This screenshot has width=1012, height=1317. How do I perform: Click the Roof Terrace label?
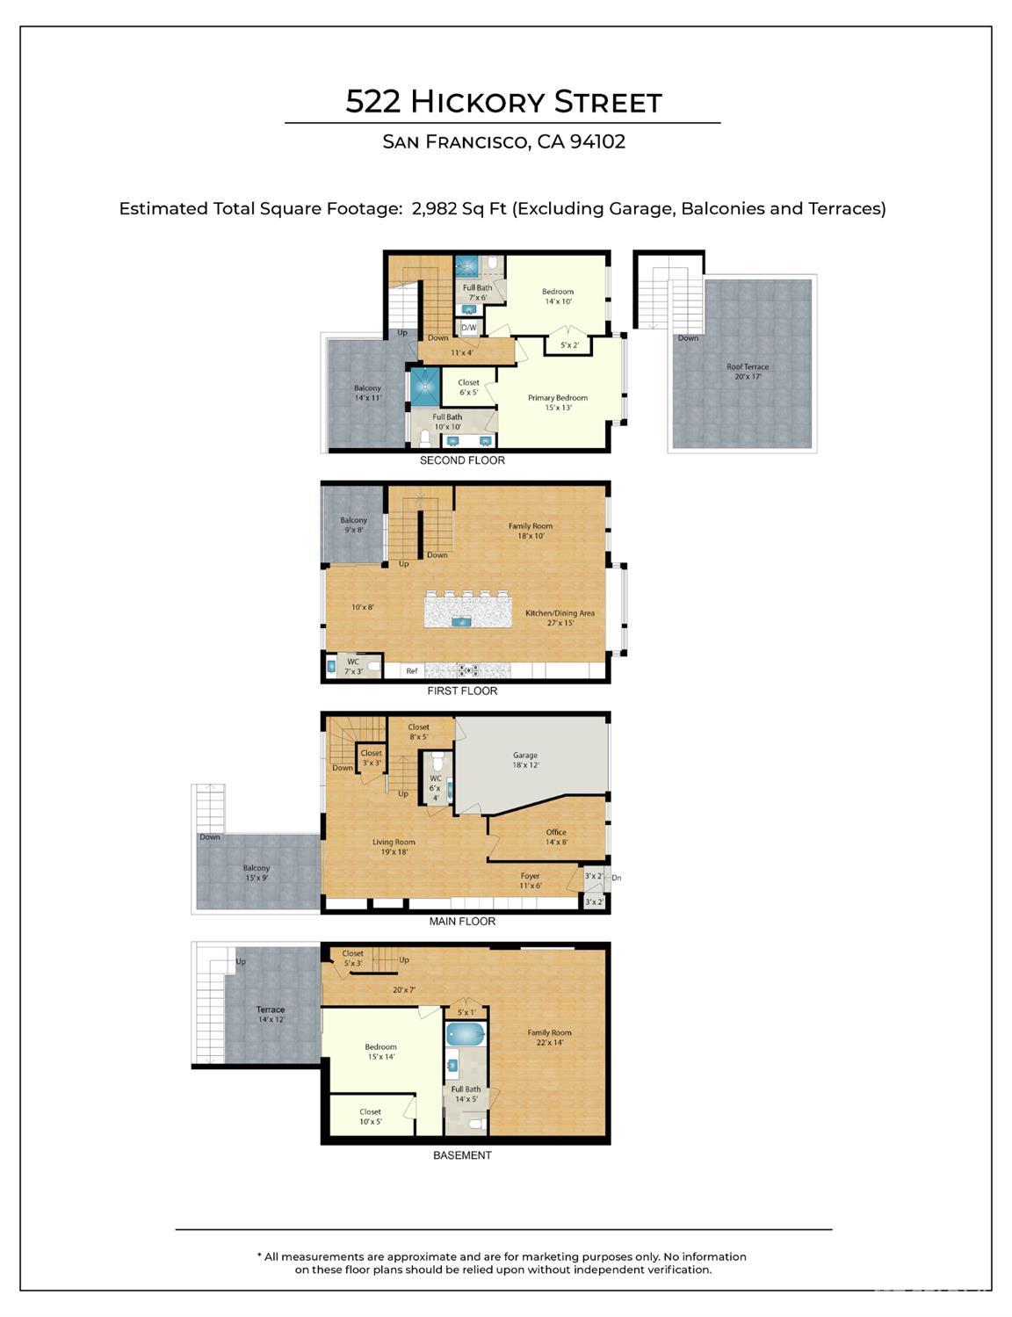pos(748,372)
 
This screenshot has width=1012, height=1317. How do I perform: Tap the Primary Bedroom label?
pos(558,402)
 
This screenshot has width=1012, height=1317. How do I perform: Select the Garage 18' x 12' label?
pos(524,760)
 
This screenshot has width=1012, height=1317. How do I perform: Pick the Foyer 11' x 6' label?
pos(531,880)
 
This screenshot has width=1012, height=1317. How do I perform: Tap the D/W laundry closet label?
pos(468,328)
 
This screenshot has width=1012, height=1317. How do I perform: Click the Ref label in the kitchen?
pos(411,671)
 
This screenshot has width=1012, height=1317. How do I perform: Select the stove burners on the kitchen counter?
pos(468,670)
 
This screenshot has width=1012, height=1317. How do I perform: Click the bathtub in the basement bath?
pos(466,1032)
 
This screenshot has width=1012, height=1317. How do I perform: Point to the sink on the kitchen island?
pos(463,621)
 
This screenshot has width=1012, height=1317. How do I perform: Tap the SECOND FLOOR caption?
pos(462,460)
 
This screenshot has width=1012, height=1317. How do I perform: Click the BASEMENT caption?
pos(462,1156)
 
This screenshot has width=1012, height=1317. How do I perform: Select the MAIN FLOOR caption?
pos(462,922)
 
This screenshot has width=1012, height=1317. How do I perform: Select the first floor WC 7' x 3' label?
pos(352,667)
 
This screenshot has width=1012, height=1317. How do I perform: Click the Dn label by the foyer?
pos(617,878)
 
